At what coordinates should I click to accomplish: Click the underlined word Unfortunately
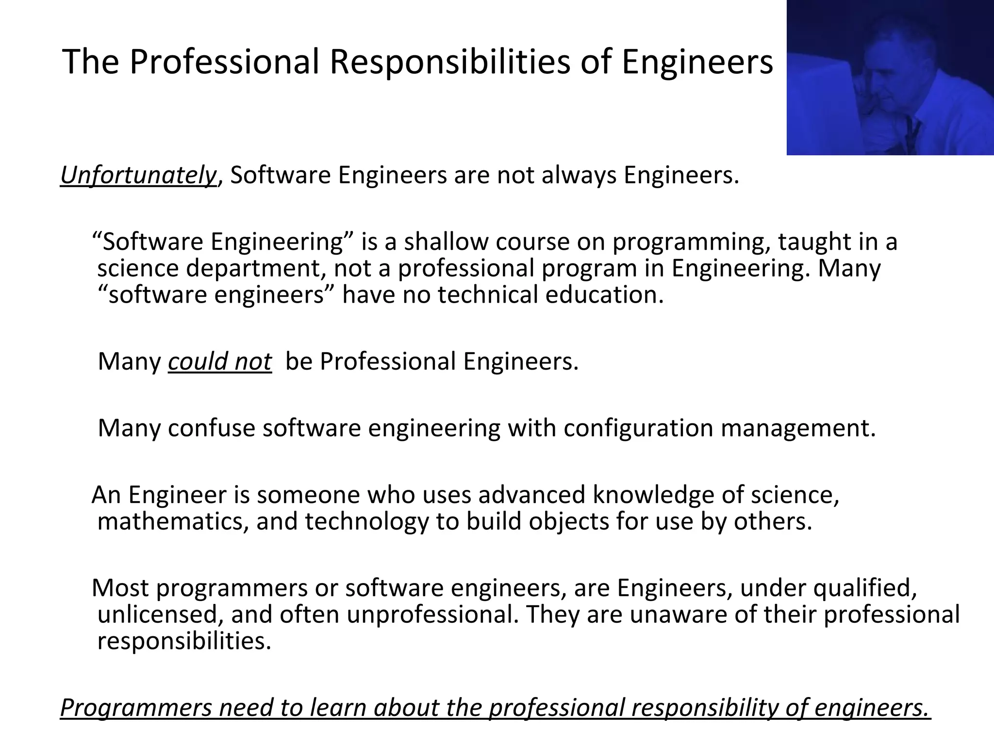tap(138, 175)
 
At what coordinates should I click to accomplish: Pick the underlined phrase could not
tap(220, 361)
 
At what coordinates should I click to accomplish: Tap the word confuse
tap(211, 428)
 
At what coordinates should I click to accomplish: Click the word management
tap(798, 428)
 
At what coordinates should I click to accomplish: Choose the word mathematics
tap(173, 521)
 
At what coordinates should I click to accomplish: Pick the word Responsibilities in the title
tap(450, 62)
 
